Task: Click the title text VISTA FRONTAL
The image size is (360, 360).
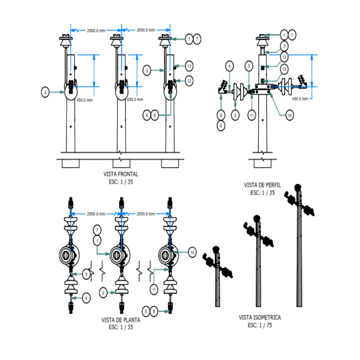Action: [121, 174]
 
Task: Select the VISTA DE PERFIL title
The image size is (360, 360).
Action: [262, 185]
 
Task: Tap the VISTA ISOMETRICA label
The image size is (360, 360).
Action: [260, 318]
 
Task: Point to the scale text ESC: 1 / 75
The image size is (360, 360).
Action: [260, 325]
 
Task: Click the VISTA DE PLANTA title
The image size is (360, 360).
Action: [121, 320]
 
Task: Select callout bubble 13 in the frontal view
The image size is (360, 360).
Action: [189, 67]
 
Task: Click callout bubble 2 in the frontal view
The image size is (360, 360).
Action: [45, 92]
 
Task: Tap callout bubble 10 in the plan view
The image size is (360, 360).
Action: [191, 253]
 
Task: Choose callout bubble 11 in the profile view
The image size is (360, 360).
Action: [252, 115]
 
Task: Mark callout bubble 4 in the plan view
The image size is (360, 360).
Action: [86, 298]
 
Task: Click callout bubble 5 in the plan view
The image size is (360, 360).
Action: [86, 274]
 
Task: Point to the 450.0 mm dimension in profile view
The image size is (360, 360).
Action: [300, 99]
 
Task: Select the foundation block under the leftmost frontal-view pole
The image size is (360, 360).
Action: [71, 163]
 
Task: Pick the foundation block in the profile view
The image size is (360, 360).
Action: [262, 163]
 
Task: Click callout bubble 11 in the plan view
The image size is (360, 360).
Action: [154, 290]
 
